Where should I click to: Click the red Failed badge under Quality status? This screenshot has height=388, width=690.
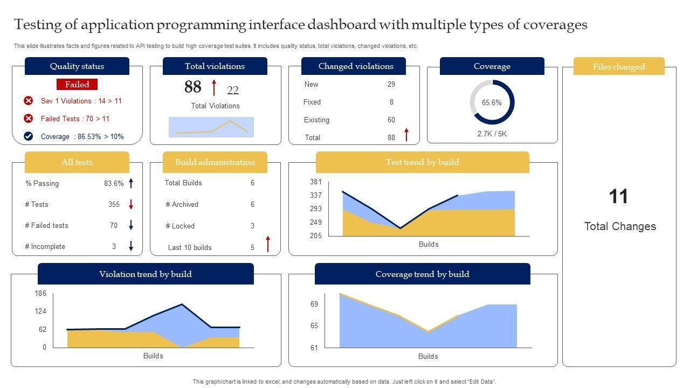(77, 85)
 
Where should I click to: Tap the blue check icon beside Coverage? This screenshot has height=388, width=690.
(29, 136)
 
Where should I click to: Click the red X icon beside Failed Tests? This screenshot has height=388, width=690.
(29, 119)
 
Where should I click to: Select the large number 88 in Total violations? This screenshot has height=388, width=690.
(192, 87)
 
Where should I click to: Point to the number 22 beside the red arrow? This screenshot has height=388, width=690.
(232, 91)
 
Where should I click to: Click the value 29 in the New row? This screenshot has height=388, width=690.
(391, 84)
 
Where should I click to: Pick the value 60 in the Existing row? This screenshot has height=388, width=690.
(391, 120)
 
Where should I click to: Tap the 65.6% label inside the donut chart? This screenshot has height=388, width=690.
(492, 102)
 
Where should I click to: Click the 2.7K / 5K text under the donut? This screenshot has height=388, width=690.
(492, 134)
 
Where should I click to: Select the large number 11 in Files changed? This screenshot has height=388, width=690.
(619, 197)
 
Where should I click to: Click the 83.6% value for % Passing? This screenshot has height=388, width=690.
(114, 183)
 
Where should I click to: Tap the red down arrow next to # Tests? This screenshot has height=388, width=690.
(131, 205)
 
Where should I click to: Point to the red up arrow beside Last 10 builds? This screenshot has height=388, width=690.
(268, 244)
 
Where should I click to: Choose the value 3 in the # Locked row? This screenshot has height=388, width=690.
(252, 226)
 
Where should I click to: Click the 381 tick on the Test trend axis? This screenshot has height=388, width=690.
(316, 182)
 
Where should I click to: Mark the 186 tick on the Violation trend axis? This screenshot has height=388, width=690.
(40, 294)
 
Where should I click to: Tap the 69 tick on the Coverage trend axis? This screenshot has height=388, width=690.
(314, 304)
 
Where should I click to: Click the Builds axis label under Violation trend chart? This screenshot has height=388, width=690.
(153, 356)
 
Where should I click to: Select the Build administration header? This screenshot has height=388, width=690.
(215, 162)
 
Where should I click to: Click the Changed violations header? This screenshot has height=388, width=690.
(356, 66)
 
